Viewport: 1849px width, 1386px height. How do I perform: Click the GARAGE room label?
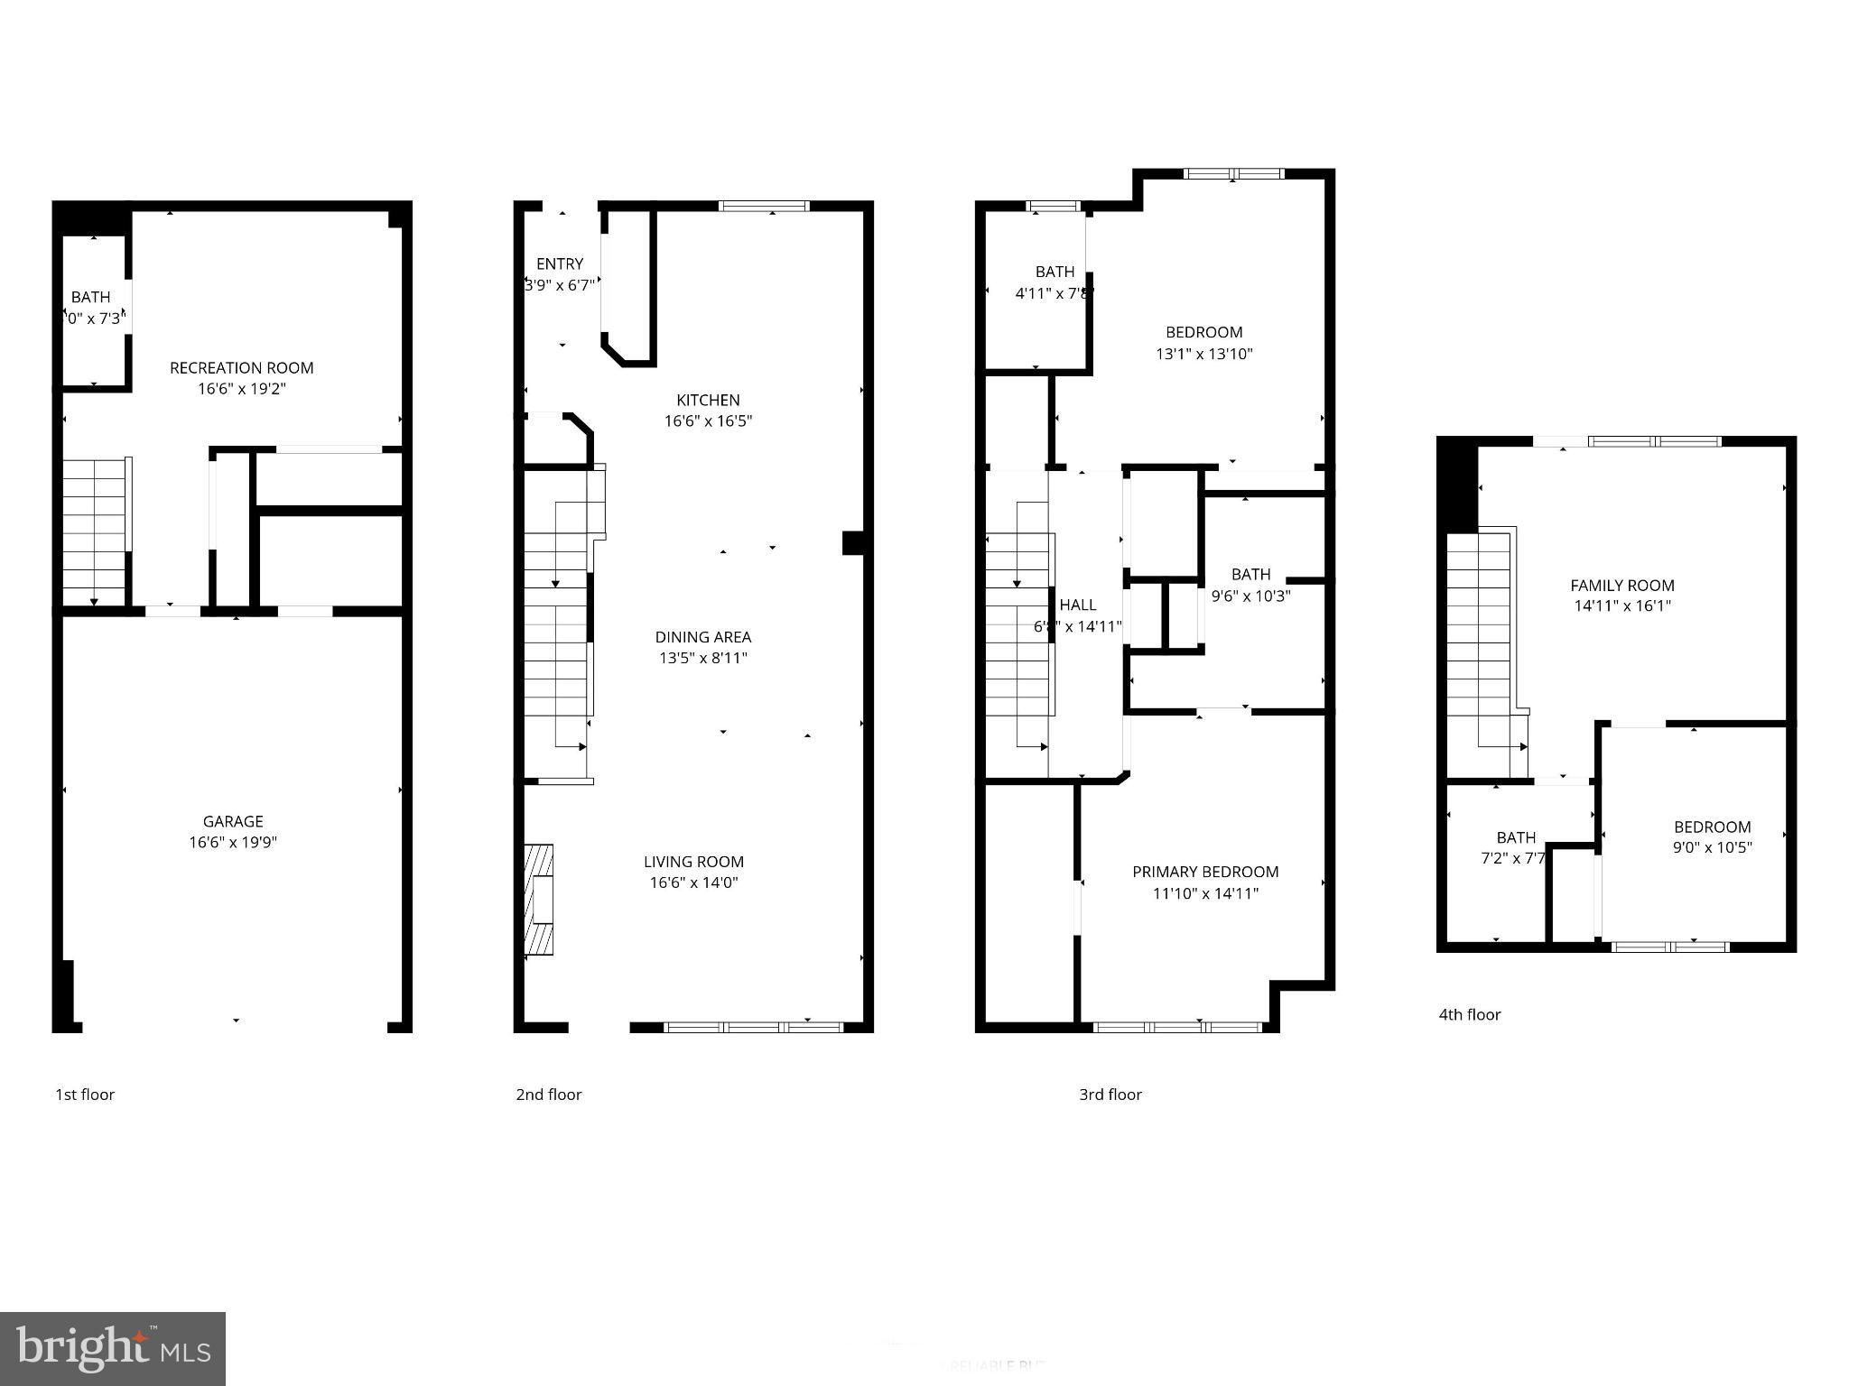233,821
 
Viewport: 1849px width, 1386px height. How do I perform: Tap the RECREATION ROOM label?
241,367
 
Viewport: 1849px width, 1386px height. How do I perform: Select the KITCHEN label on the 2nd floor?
708,400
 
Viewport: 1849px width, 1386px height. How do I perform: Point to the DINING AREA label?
702,637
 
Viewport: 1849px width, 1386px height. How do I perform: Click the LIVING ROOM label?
693,862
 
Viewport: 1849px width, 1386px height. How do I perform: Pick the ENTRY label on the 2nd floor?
559,263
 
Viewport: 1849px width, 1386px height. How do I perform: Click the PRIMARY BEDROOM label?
1205,872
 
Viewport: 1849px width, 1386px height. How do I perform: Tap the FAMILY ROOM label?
1621,585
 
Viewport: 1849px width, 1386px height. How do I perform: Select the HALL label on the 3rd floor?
1077,605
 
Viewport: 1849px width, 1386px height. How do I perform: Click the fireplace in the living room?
538,899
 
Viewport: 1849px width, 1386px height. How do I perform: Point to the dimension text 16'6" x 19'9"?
233,843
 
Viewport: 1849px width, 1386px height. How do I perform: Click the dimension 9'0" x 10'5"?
1712,847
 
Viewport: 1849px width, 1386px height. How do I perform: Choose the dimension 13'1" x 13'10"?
1203,354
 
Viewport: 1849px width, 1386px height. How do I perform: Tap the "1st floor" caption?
85,1095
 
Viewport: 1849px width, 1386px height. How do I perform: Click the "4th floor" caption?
1469,1014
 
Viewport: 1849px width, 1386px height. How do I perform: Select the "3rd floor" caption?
1110,1095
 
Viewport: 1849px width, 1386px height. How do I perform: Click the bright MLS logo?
112,1348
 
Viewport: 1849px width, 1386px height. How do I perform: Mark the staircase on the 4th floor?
1479,641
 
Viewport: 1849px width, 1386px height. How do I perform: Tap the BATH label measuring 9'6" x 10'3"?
1250,574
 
